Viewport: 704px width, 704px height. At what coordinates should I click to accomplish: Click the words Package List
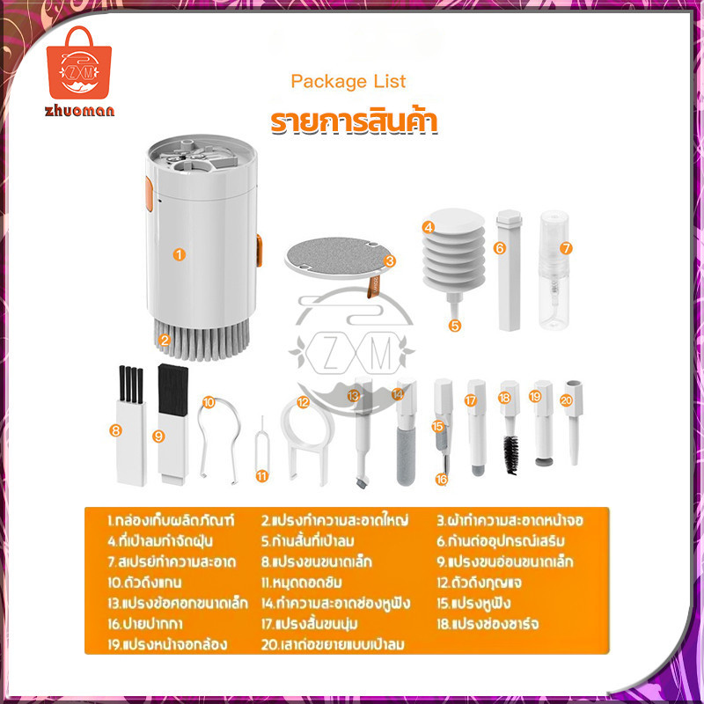[348, 82]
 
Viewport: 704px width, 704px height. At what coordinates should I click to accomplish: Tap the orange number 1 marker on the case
[180, 254]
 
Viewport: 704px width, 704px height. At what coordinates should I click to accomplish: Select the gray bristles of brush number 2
[202, 339]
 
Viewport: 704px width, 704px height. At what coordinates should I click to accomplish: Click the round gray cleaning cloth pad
[335, 259]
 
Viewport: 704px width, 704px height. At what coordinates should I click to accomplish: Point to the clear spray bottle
[554, 270]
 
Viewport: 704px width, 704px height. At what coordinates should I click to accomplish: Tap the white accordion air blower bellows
[454, 253]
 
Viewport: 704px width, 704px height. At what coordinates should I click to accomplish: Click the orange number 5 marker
[455, 326]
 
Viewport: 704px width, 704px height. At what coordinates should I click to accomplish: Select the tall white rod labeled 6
[510, 270]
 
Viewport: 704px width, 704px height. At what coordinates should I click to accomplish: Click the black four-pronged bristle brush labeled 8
[131, 385]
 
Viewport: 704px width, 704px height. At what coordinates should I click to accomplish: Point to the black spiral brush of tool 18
[510, 454]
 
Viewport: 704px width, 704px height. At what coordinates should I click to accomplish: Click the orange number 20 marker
[567, 400]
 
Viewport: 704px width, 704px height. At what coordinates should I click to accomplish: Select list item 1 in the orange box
[171, 520]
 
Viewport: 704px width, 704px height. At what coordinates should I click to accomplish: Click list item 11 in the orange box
[301, 583]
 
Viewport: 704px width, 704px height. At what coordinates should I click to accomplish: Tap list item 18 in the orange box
[488, 624]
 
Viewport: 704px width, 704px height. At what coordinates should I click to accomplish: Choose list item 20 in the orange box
[333, 644]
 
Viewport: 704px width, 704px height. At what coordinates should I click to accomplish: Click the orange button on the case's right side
[259, 250]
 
